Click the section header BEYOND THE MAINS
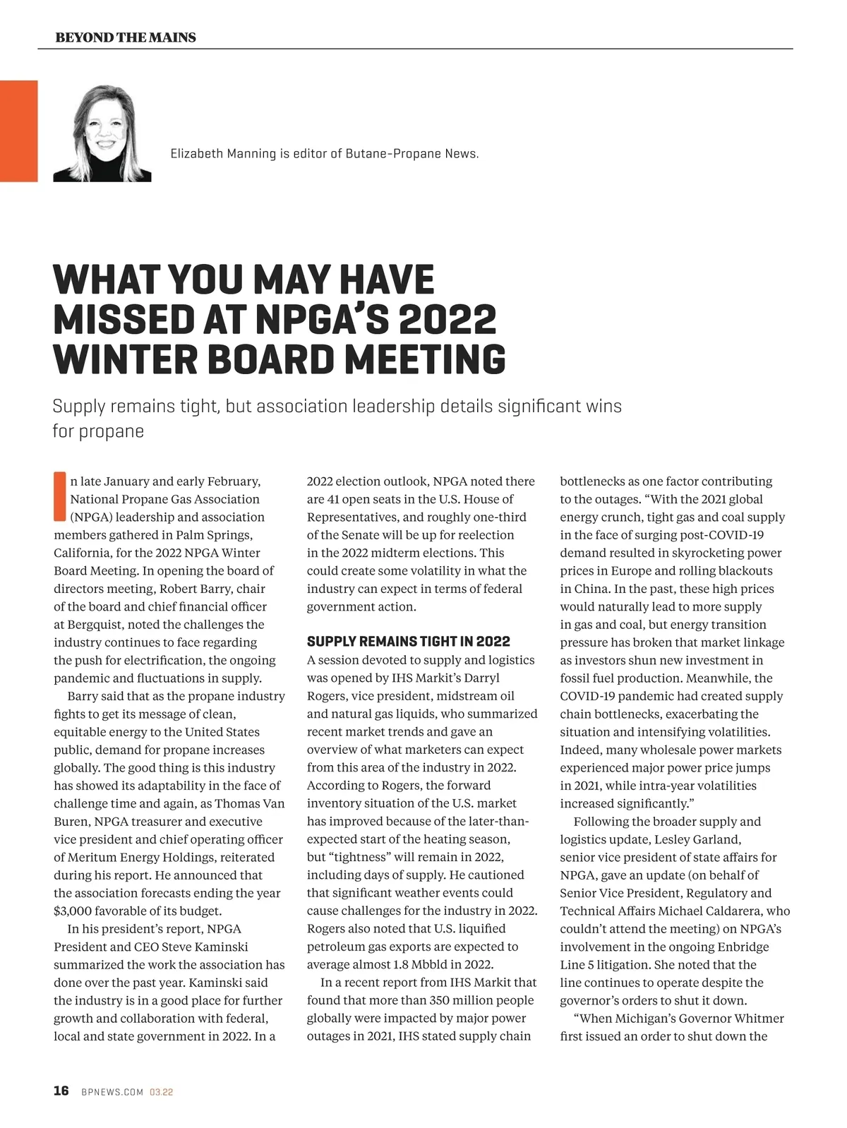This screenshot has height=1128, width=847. [126, 37]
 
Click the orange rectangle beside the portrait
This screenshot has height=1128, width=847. [18, 131]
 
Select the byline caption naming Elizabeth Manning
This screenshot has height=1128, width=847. [325, 154]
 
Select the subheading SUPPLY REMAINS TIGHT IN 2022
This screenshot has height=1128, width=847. [408, 642]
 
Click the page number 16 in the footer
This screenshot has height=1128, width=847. [61, 1091]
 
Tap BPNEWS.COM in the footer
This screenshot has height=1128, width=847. [112, 1092]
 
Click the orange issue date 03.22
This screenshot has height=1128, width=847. [162, 1092]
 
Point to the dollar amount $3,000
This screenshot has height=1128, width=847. [73, 911]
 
